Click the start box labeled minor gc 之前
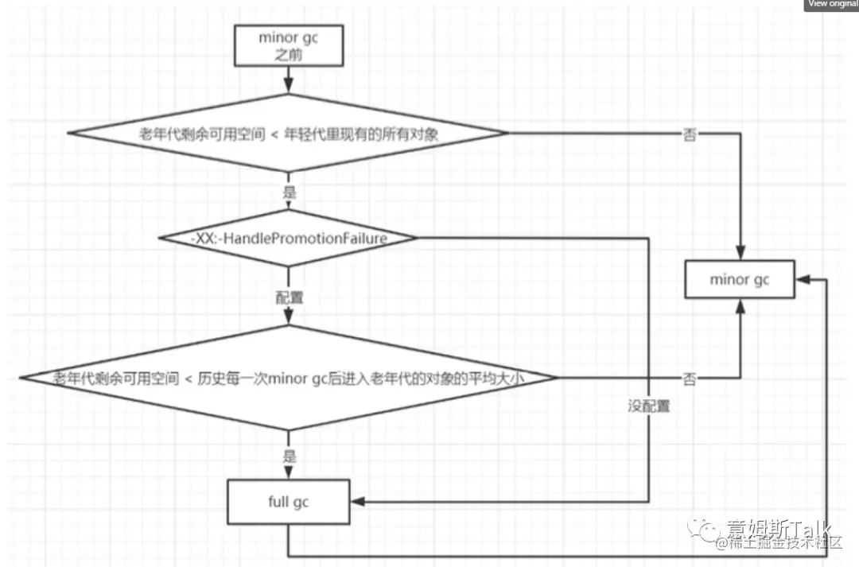[288, 46]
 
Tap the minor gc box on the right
[740, 279]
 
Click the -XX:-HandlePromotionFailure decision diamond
[288, 238]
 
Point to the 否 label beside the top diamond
[690, 135]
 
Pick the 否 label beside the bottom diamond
[690, 379]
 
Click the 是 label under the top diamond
[289, 192]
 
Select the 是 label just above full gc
[289, 456]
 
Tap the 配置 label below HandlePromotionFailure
[289, 297]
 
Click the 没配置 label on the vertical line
[648, 406]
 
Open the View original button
[832, 5]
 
